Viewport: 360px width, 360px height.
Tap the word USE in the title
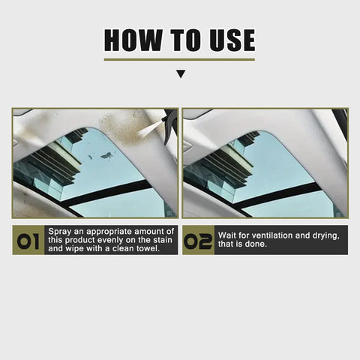[x=224, y=40]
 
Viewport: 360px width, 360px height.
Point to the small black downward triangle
[x=180, y=74]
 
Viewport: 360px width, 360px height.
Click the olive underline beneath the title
[x=179, y=59]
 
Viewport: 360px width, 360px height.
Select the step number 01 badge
[x=28, y=240]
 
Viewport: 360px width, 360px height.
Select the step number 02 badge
[x=198, y=240]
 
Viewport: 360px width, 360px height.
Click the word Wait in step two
[x=229, y=235]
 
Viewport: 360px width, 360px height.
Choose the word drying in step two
[x=325, y=235]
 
